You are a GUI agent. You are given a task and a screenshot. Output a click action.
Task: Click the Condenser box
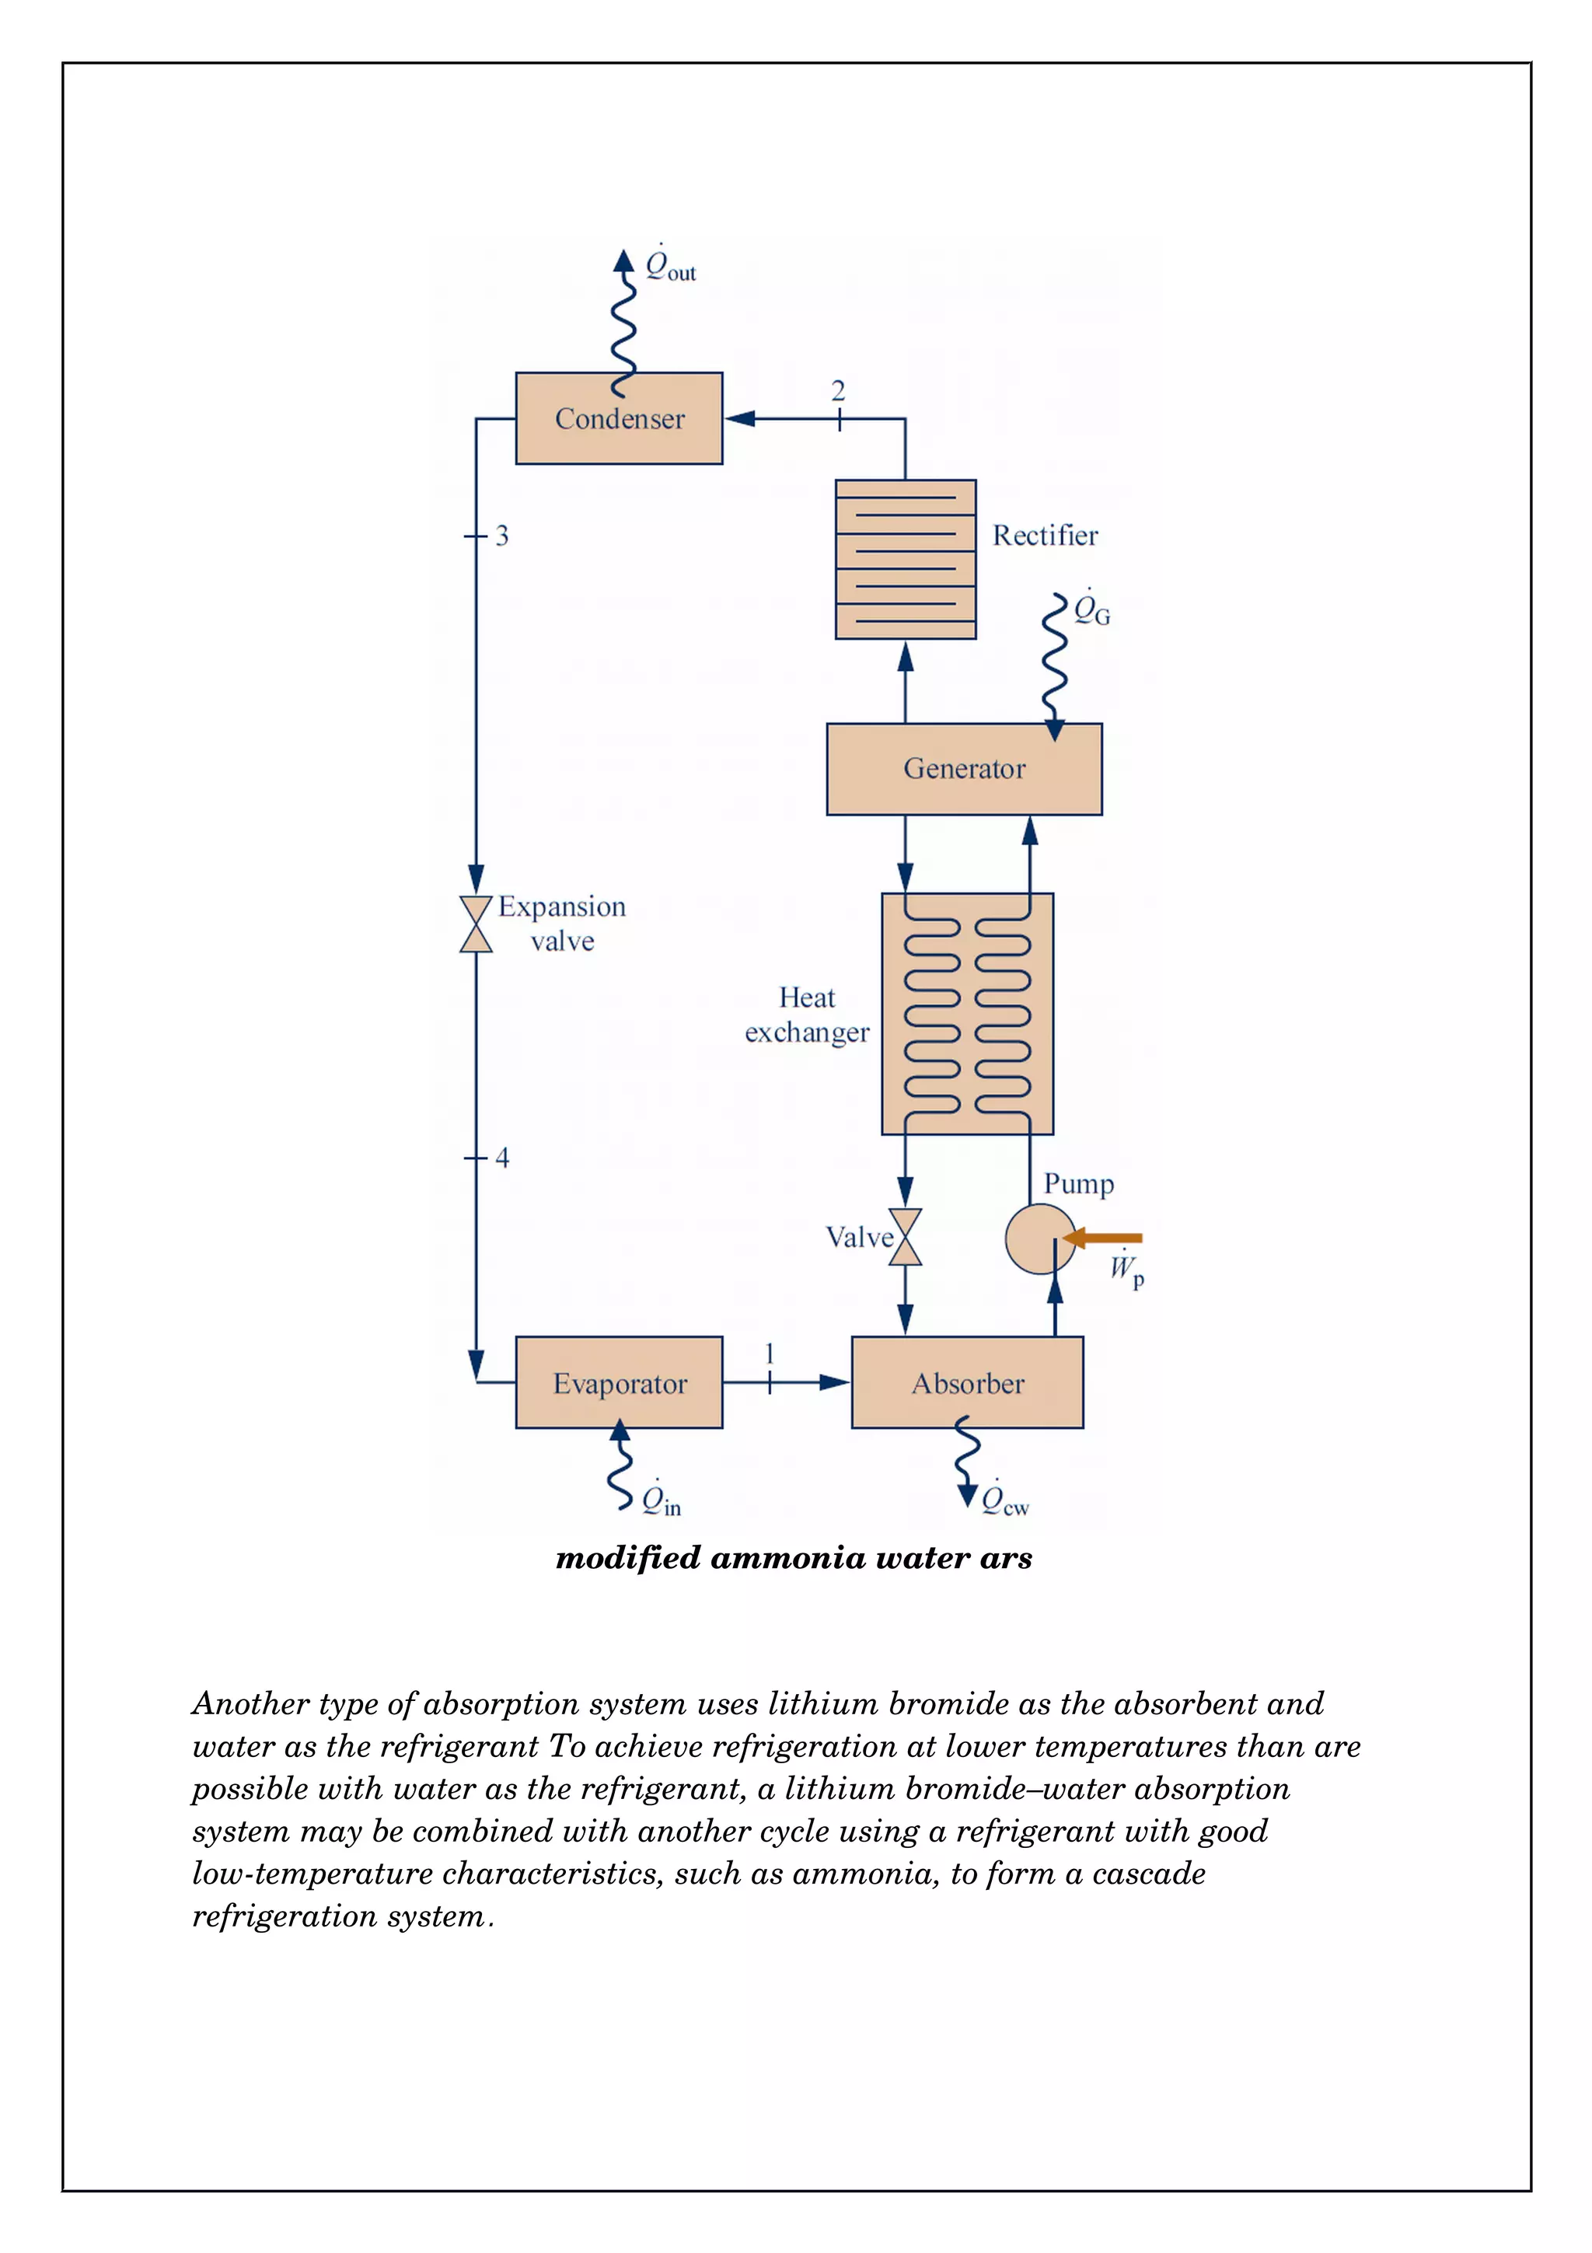pyautogui.click(x=619, y=418)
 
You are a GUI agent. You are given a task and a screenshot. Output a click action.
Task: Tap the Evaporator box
pyautogui.click(x=619, y=1382)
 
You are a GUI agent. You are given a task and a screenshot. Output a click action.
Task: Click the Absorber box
pyautogui.click(x=967, y=1382)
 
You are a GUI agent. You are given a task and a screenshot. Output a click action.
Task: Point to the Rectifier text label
pyautogui.click(x=1045, y=536)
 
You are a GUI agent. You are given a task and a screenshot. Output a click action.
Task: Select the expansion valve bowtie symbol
pyautogui.click(x=476, y=924)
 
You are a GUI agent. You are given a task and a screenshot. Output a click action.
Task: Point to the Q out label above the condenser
pyautogui.click(x=669, y=265)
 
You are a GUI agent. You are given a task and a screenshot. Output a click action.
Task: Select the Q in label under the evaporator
pyautogui.click(x=660, y=1500)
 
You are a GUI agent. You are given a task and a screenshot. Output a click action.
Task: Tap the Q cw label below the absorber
pyautogui.click(x=1004, y=1500)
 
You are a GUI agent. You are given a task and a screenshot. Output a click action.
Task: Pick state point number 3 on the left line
pyautogui.click(x=501, y=536)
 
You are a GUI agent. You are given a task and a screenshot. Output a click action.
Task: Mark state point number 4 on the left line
pyautogui.click(x=501, y=1158)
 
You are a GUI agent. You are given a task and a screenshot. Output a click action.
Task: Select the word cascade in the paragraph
pyautogui.click(x=1149, y=1874)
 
